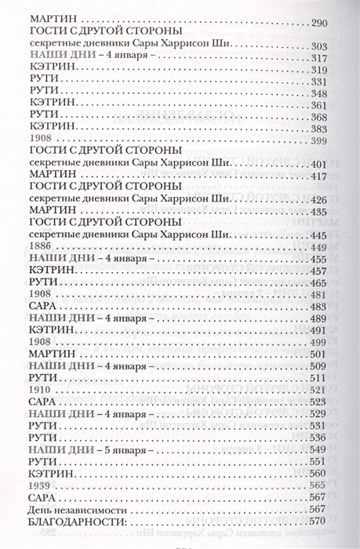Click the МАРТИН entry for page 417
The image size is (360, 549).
pyautogui.click(x=50, y=176)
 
